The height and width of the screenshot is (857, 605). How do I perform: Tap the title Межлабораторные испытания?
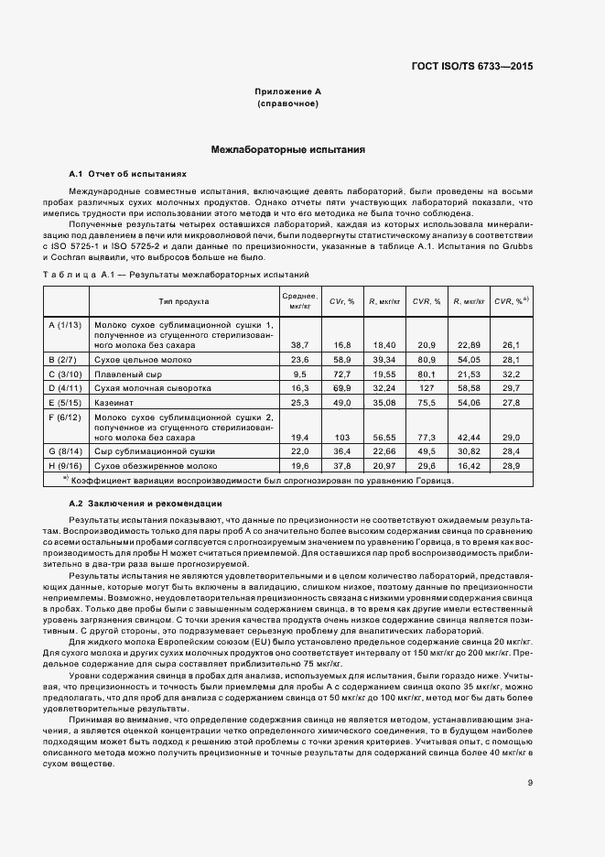coord(287,148)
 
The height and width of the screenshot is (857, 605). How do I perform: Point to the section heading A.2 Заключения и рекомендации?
coord(145,504)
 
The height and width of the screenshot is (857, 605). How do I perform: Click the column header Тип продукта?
coord(183,300)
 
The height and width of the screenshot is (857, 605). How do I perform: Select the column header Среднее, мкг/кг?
coord(298,300)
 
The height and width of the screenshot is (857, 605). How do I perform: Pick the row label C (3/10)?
coord(66,374)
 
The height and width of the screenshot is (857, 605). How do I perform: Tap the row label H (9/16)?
coord(66,465)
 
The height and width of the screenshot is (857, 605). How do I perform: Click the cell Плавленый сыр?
coord(124,374)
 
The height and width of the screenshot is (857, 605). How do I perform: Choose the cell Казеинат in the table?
coord(113,401)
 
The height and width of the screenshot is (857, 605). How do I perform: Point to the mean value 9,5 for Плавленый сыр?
coord(298,374)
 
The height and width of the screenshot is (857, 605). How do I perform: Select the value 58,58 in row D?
coord(468,388)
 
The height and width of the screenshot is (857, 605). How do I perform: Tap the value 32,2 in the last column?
coord(511,374)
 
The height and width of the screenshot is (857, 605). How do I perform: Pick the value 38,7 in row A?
coord(298,344)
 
